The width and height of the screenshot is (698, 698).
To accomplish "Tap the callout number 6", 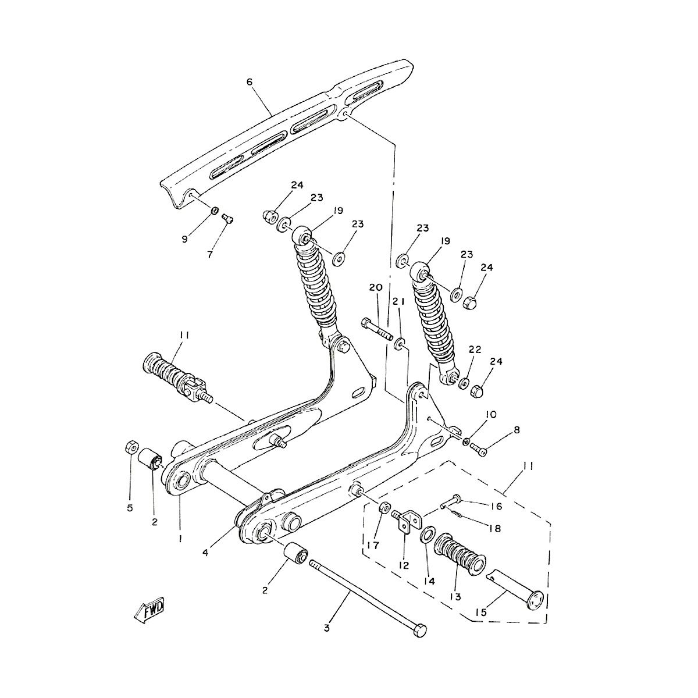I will [x=250, y=82].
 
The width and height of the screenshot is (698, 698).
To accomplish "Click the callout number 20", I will [x=375, y=287].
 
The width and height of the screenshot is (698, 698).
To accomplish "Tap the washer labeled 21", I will [x=400, y=346].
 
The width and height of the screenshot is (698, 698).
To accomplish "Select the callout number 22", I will [x=475, y=349].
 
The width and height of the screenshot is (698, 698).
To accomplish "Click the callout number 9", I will [x=184, y=238].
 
